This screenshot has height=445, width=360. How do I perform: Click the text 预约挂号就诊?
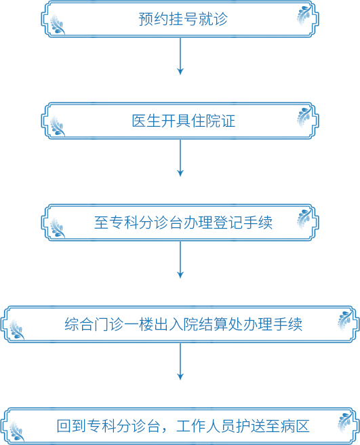pyautogui.click(x=183, y=19)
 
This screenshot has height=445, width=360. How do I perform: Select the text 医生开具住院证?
pyautogui.click(x=184, y=121)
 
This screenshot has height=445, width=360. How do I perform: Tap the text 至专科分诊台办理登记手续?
pyautogui.click(x=183, y=222)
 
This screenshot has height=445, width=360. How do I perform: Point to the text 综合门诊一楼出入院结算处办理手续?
pyautogui.click(x=183, y=324)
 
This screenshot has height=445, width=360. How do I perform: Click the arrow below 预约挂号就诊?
pyautogui.click(x=180, y=56)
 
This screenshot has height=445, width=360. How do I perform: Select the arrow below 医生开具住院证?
pyautogui.click(x=180, y=158)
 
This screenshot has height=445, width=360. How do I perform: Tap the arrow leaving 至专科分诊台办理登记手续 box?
pyautogui.click(x=180, y=259)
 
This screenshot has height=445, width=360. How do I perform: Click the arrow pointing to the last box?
pyautogui.click(x=180, y=362)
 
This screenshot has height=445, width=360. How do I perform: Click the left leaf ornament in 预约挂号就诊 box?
pyautogui.click(x=58, y=24)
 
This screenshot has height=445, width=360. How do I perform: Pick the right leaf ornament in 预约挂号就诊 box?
pyautogui.click(x=304, y=15)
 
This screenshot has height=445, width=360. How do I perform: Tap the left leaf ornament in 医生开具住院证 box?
pyautogui.click(x=58, y=126)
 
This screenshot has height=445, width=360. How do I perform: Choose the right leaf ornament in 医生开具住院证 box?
pyautogui.click(x=304, y=117)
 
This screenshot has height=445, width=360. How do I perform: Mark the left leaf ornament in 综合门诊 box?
pyautogui.click(x=17, y=329)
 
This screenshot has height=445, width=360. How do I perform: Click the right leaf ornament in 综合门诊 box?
pyautogui.click(x=345, y=320)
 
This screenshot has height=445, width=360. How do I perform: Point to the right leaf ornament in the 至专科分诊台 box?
pyautogui.click(x=304, y=218)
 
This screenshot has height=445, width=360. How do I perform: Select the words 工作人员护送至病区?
pyautogui.click(x=243, y=426)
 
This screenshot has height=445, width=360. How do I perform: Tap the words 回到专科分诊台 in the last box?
pyautogui.click(x=108, y=426)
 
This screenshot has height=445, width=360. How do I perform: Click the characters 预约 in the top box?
pyautogui.click(x=153, y=19)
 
